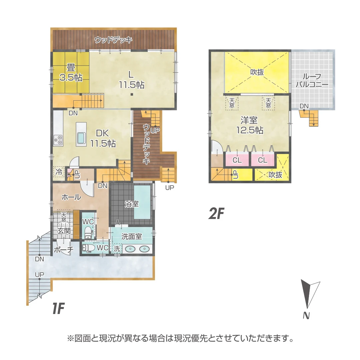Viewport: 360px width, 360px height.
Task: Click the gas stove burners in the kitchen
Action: coord(58,140)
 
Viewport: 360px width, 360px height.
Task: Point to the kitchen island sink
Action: coord(81,138)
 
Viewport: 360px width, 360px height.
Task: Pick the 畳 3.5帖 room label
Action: coord(71,72)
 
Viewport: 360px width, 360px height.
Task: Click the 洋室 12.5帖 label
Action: coord(250,125)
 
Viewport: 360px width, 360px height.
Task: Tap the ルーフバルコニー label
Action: coord(312,80)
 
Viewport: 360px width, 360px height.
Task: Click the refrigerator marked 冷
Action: coord(59,172)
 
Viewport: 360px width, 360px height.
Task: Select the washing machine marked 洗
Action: coord(117,248)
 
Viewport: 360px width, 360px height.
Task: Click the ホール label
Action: coord(71,197)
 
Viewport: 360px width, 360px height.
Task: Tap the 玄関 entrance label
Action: coord(63,231)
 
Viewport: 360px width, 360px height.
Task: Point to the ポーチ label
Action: coord(63,250)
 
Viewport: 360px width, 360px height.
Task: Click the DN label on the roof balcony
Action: coord(304,106)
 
